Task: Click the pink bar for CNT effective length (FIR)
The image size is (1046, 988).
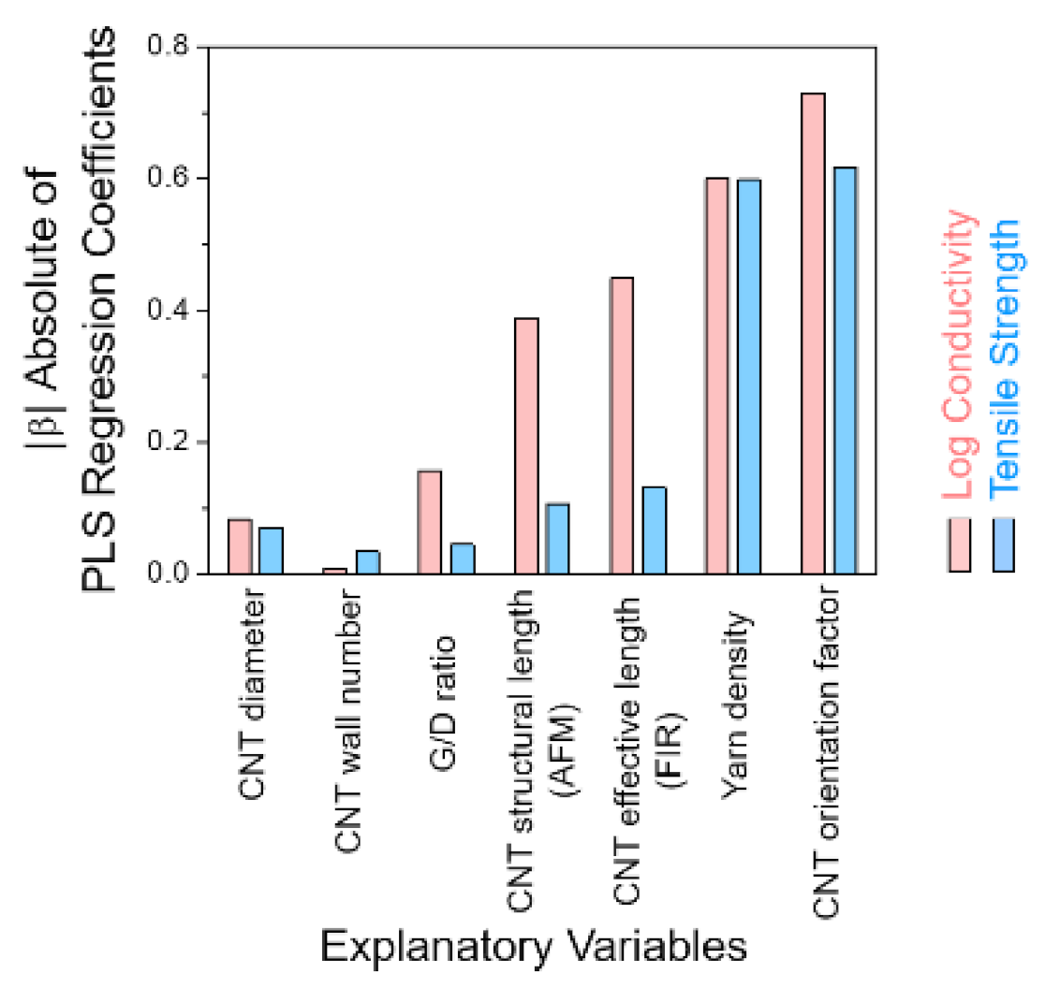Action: pos(622,425)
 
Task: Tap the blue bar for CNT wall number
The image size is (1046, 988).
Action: pos(368,561)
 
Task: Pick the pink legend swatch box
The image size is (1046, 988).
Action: pos(960,544)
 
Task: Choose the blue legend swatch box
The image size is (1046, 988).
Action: pos(1005,544)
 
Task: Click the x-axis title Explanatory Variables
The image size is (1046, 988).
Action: pos(534,947)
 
